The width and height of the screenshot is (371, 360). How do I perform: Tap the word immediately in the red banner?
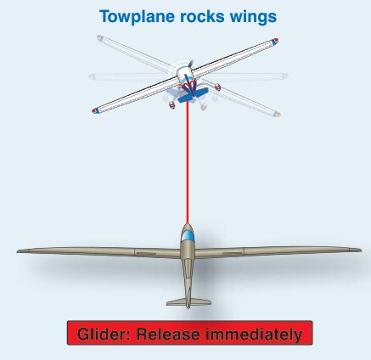254,335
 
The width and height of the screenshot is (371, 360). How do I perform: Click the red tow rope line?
187,162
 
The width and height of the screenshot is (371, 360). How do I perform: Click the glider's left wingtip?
18,251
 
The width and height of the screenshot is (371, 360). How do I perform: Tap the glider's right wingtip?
360,250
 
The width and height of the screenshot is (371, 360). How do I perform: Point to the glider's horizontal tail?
188,302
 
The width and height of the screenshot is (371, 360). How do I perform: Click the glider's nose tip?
187,224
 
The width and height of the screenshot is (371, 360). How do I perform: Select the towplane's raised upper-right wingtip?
274,42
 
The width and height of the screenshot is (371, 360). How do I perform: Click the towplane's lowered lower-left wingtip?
95,110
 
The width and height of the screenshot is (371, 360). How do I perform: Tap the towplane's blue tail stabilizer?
193,95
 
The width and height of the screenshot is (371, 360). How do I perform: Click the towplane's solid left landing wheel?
172,105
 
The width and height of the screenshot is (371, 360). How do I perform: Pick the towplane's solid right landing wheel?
217,87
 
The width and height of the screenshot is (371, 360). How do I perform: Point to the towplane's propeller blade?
191,64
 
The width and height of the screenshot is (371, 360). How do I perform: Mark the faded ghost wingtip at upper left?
99,37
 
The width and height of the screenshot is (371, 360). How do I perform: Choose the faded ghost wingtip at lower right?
277,114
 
